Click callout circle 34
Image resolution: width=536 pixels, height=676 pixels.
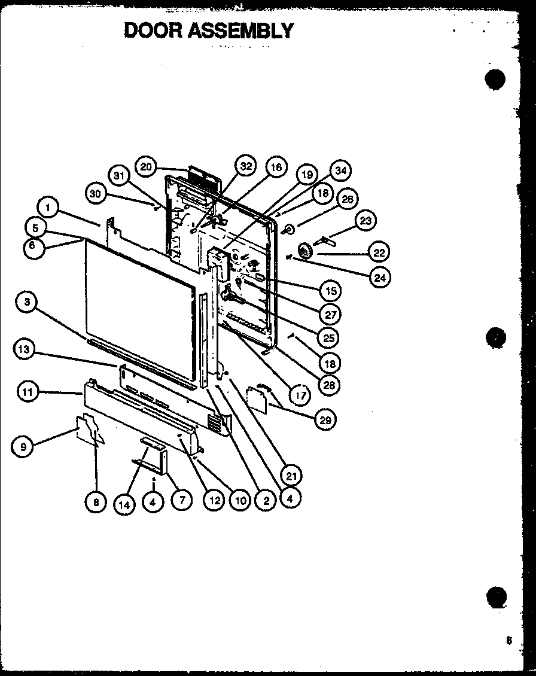340,171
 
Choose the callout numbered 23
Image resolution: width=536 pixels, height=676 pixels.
366,221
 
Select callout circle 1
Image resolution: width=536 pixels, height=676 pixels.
48,208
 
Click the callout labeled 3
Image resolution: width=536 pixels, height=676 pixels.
26,303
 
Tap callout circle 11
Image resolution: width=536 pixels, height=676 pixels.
26,393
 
